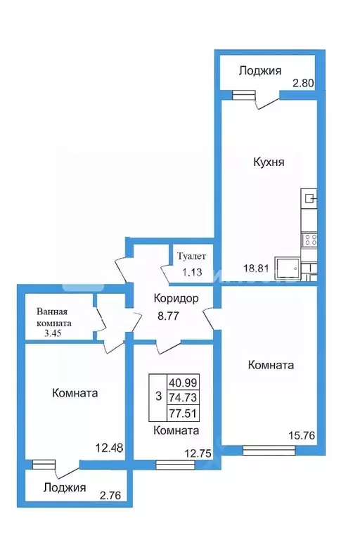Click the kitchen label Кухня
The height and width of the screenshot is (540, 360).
pos(269,162)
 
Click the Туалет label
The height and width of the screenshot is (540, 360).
pos(191,256)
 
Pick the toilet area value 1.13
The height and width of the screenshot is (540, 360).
pos(191,274)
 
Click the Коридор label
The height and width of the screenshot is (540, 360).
pos(176,298)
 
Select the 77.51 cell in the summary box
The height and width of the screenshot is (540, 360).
pos(182,412)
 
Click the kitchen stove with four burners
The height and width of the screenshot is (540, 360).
pos(310,240)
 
